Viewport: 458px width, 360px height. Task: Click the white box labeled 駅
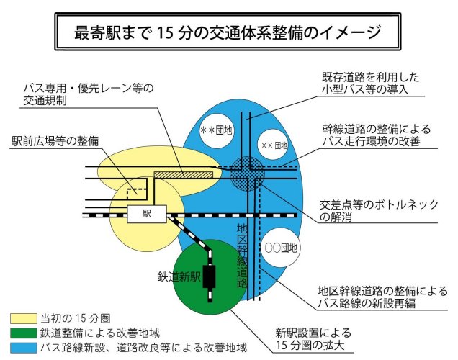click(146, 214)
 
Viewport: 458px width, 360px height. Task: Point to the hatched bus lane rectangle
click(184, 174)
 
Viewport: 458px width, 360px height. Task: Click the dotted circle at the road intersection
click(248, 172)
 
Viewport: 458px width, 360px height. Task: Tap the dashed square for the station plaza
click(137, 189)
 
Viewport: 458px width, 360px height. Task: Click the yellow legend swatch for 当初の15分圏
click(22, 318)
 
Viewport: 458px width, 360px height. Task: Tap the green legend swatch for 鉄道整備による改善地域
click(22, 333)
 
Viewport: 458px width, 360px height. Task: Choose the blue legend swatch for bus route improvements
click(22, 348)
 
